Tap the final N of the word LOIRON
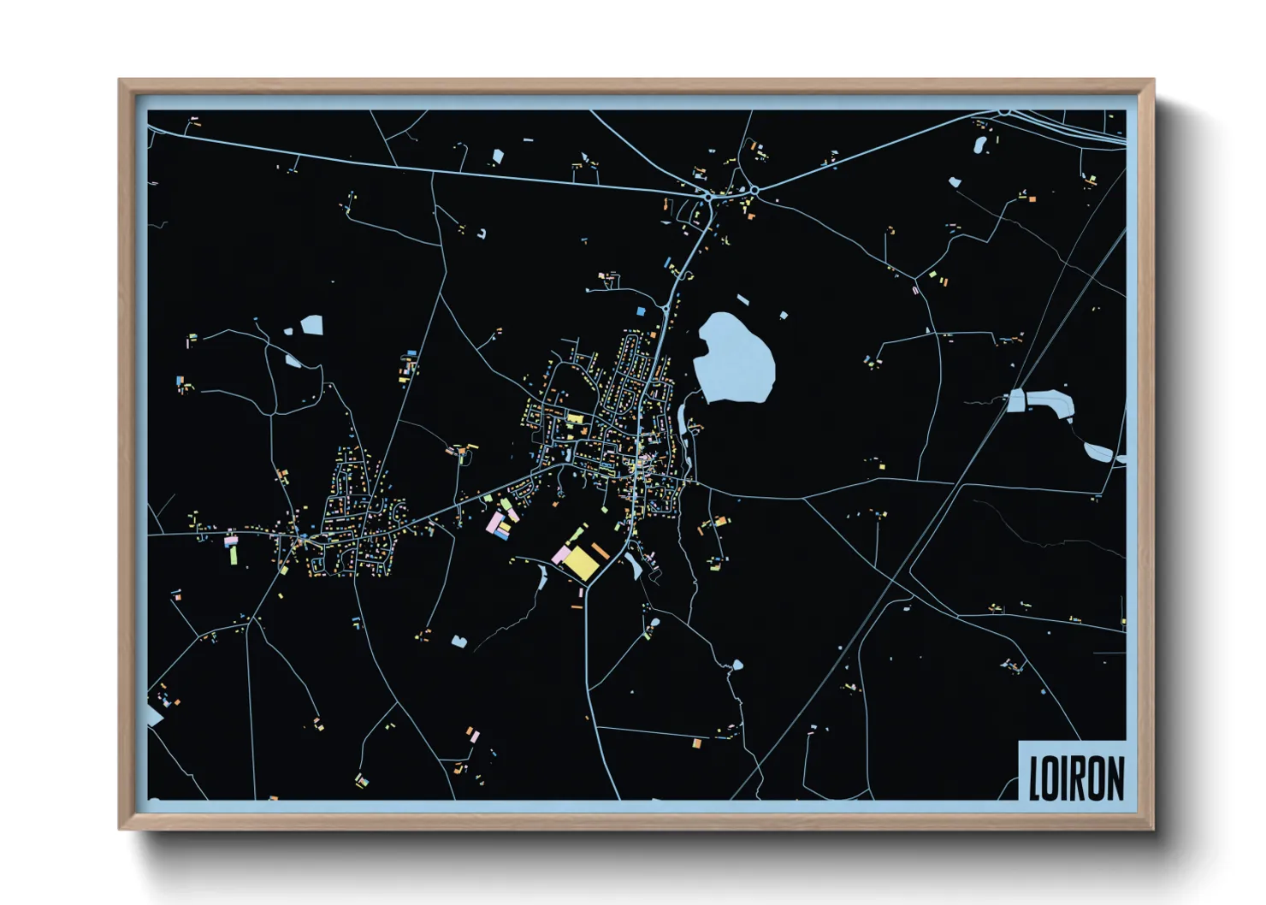tap(1114, 778)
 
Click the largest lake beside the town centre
tap(734, 358)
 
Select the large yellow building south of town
tap(581, 563)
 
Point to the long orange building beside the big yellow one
tap(600, 549)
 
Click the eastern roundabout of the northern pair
tap(754, 191)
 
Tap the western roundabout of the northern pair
tap(709, 198)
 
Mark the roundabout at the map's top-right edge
tap(1005, 112)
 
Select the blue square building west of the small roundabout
tap(641, 312)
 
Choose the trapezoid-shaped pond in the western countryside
tap(312, 325)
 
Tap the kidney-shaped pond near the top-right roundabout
tap(980, 145)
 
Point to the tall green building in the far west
tap(233, 554)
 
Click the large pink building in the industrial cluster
tap(495, 523)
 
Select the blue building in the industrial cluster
tap(502, 536)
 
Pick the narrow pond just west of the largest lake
tap(682, 421)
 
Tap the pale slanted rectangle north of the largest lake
tap(742, 299)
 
